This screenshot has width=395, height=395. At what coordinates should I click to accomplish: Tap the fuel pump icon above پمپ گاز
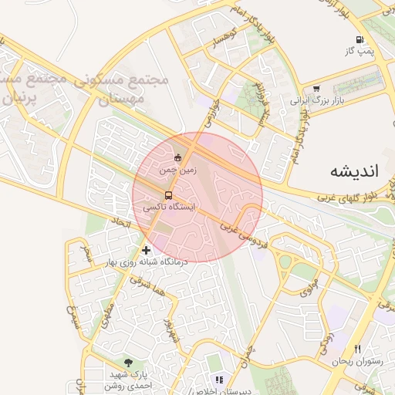(359, 39)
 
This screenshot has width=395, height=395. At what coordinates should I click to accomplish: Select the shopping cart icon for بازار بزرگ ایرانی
(317, 89)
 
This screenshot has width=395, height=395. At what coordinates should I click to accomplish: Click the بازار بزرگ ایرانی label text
(315, 100)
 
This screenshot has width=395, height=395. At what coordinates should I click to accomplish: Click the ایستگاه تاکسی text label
(170, 208)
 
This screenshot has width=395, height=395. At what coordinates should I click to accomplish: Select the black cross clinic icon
(147, 250)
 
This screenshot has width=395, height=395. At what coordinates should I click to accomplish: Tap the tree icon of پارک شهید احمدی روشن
(128, 362)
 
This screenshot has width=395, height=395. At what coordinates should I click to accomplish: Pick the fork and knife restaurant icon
(356, 349)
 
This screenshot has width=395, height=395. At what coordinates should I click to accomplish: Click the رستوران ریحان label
(357, 362)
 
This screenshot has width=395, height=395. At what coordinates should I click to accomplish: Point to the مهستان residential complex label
(123, 99)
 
